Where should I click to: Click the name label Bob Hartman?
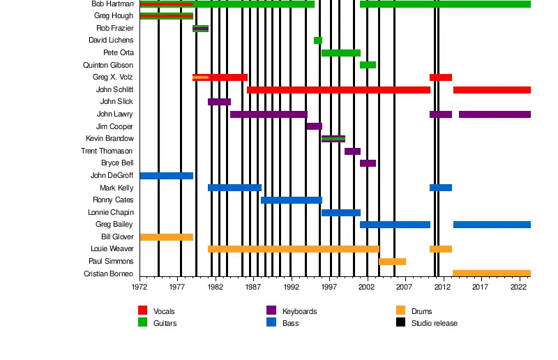[112, 4]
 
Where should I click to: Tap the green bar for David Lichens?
[318, 40]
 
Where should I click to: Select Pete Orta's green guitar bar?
[340, 53]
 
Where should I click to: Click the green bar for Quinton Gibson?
[368, 65]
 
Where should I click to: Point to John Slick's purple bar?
[219, 102]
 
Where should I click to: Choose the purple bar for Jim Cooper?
[314, 126]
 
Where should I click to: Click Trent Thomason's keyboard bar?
[352, 151]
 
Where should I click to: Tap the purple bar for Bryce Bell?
[368, 163]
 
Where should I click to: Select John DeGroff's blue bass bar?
[166, 176]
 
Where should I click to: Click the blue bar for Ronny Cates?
[292, 200]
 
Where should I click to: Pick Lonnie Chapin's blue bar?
[340, 213]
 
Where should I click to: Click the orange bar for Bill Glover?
[166, 237]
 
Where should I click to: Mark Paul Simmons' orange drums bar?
[392, 262]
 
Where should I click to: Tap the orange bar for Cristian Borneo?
[491, 273]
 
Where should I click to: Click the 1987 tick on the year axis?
[252, 287]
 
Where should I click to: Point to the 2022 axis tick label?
[518, 287]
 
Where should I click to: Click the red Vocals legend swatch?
[143, 310]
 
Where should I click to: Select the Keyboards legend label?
[299, 311]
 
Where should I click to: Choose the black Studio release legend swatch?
[400, 322]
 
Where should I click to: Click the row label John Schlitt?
[114, 90]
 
